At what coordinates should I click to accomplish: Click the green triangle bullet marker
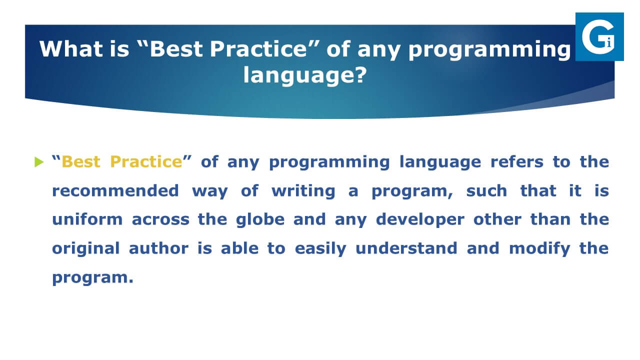click(39, 162)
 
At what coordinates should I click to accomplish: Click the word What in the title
click(71, 49)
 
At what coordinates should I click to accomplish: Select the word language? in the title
click(305, 75)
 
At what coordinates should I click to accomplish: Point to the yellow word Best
click(81, 161)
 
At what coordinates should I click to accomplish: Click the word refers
click(517, 161)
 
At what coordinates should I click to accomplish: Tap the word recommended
click(115, 191)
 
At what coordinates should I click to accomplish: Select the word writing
click(303, 191)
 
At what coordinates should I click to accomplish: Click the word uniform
click(87, 219)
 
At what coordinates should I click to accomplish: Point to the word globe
click(260, 219)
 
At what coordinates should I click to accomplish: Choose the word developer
click(420, 219)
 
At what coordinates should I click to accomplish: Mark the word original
click(85, 248)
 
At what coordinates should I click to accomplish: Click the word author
click(158, 248)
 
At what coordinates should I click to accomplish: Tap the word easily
click(320, 248)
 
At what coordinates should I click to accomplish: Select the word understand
click(406, 248)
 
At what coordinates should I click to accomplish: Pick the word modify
click(539, 248)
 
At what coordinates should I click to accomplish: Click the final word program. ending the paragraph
click(92, 277)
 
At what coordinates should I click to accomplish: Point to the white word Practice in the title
click(258, 49)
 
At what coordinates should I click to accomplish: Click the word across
click(160, 219)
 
